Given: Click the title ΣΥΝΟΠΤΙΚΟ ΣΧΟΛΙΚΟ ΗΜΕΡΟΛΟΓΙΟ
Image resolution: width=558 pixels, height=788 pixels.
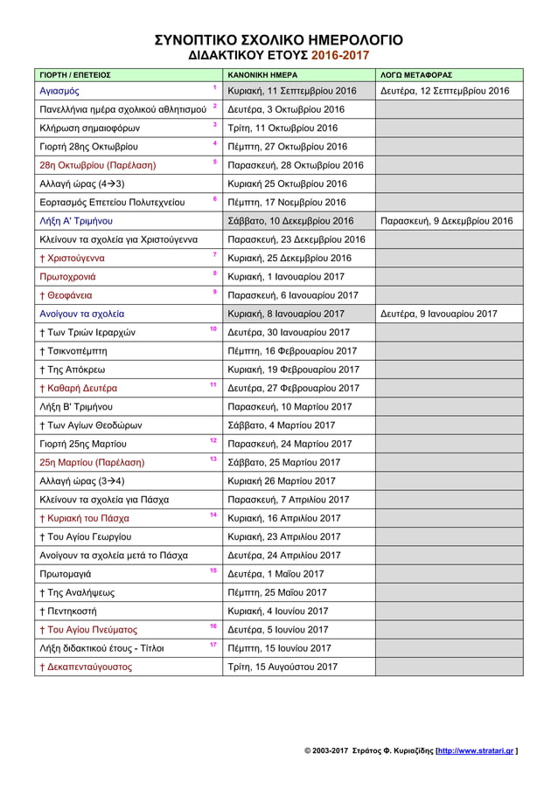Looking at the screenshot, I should (278, 39).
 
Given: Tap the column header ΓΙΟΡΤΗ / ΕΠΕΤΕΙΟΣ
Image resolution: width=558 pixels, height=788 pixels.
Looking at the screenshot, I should (74, 75).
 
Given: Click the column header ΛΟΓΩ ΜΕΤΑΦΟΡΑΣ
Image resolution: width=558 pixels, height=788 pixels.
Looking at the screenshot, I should (415, 75).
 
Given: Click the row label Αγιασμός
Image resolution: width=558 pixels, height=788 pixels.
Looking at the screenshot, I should (59, 91).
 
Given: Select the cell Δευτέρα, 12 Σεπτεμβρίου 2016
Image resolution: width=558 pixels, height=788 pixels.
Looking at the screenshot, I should (444, 91).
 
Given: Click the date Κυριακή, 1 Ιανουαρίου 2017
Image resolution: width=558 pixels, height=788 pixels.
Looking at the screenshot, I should (285, 277).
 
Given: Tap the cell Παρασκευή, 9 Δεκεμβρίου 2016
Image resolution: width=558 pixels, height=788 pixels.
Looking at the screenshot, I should (446, 221).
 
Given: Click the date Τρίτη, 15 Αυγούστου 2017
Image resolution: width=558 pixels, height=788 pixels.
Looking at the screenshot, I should (282, 667).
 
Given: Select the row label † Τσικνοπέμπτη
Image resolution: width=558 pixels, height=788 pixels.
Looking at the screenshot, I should (74, 351).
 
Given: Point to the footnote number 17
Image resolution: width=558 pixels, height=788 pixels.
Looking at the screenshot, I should (213, 644).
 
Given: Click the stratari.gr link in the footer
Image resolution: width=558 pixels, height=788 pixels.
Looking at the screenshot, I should (475, 750).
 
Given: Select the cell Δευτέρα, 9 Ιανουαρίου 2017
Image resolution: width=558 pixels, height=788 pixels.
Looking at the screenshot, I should (438, 314).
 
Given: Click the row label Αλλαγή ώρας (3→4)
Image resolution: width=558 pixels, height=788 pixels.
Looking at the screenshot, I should (82, 480).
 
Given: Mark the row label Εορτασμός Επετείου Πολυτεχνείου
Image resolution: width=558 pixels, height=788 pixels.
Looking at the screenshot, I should (112, 203).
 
